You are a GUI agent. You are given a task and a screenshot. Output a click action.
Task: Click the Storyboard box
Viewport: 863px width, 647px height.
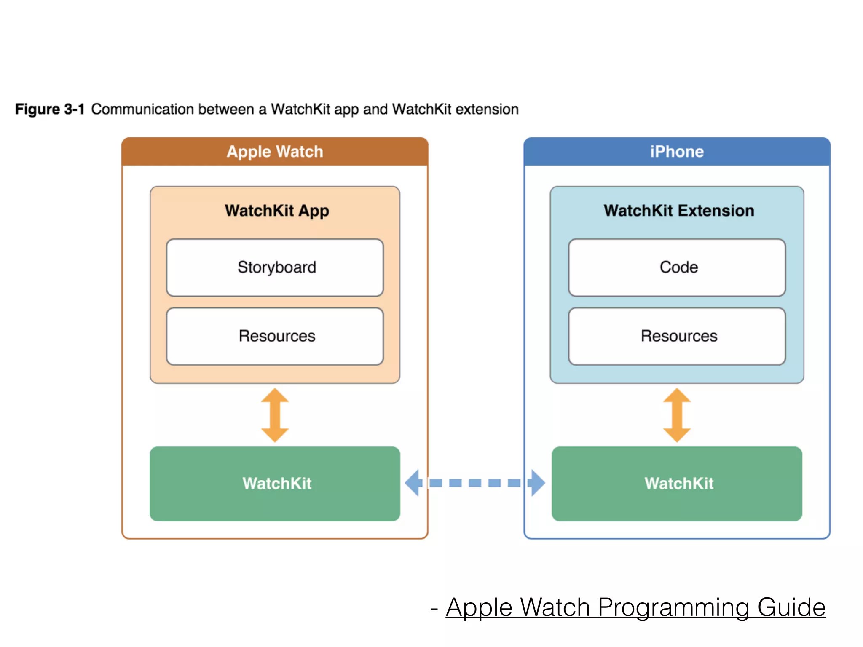coord(275,267)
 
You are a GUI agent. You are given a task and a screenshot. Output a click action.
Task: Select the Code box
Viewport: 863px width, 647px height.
coord(677,267)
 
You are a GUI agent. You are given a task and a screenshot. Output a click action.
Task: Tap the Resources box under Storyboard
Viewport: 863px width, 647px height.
coord(275,336)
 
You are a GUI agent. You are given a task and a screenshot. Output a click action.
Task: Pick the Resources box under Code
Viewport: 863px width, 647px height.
coord(677,336)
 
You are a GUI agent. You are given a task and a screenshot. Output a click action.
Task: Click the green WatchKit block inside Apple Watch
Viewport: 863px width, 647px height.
coord(275,484)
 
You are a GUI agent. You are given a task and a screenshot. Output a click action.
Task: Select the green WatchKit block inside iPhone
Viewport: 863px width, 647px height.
coord(677,484)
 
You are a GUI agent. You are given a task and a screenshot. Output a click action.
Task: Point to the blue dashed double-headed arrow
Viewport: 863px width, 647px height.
coord(475,483)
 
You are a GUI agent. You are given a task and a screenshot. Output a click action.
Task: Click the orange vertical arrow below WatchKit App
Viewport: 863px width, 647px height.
coord(275,415)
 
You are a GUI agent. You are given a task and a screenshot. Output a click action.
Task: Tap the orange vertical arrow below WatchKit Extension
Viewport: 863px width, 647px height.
coord(677,415)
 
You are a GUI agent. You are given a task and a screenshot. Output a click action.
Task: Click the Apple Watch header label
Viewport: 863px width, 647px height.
coord(275,152)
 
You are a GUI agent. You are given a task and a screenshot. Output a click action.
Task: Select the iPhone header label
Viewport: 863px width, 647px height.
coord(677,152)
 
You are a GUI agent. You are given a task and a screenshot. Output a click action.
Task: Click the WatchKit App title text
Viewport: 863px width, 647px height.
coord(277,211)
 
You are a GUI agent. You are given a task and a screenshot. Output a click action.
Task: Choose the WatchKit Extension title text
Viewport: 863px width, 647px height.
coord(678,211)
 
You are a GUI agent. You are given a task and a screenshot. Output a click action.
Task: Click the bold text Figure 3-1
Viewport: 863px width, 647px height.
coord(50,109)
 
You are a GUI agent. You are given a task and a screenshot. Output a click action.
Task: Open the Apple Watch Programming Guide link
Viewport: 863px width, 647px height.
coord(635,607)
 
